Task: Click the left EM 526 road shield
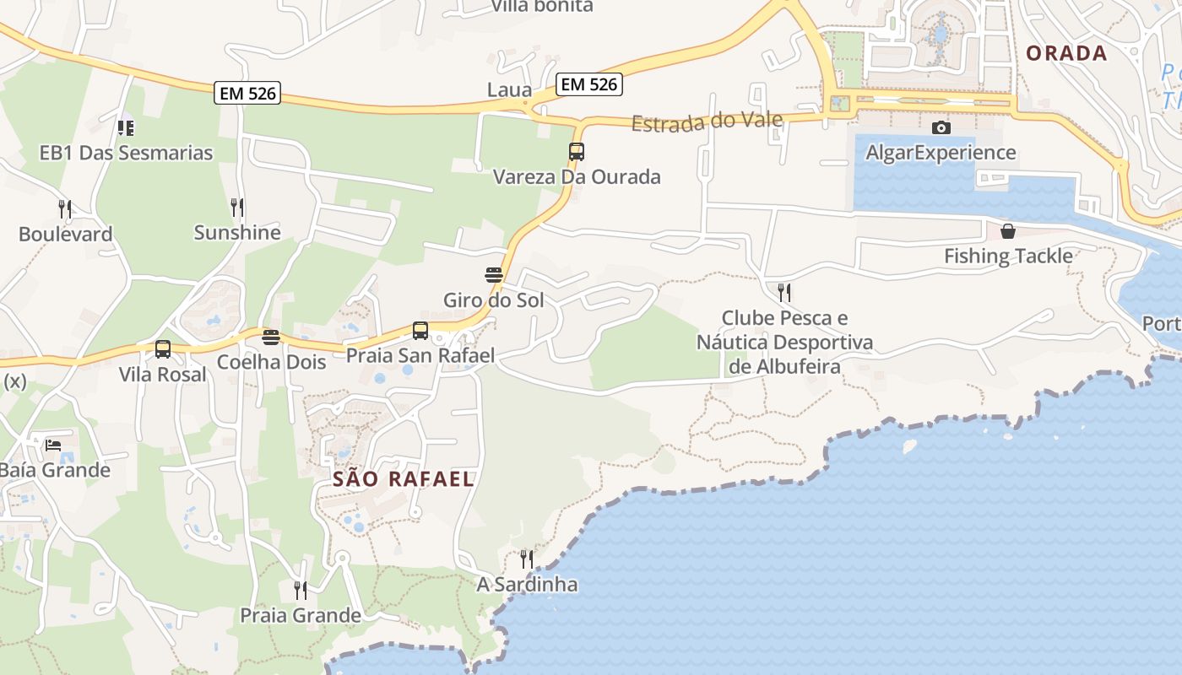pyautogui.click(x=247, y=93)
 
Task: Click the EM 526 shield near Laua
pyautogui.click(x=589, y=84)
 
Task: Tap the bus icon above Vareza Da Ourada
pyautogui.click(x=577, y=152)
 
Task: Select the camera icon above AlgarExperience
pyautogui.click(x=941, y=127)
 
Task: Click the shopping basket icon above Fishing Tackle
pyautogui.click(x=1008, y=231)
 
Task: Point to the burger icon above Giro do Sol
pyautogui.click(x=494, y=275)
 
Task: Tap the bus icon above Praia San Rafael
pyautogui.click(x=420, y=331)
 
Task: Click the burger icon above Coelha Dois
pyautogui.click(x=271, y=337)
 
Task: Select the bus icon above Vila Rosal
pyautogui.click(x=163, y=348)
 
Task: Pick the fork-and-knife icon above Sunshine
pyautogui.click(x=237, y=207)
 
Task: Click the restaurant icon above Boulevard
pyautogui.click(x=65, y=208)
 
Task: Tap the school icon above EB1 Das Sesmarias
pyautogui.click(x=126, y=128)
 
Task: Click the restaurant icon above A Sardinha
pyautogui.click(x=527, y=559)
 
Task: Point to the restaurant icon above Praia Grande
pyautogui.click(x=301, y=590)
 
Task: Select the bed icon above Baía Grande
pyautogui.click(x=53, y=445)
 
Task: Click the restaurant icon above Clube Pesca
pyautogui.click(x=784, y=293)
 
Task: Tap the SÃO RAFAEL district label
pyautogui.click(x=404, y=479)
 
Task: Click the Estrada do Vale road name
pyautogui.click(x=708, y=121)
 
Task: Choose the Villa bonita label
pyautogui.click(x=542, y=6)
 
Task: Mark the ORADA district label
pyautogui.click(x=1066, y=53)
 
